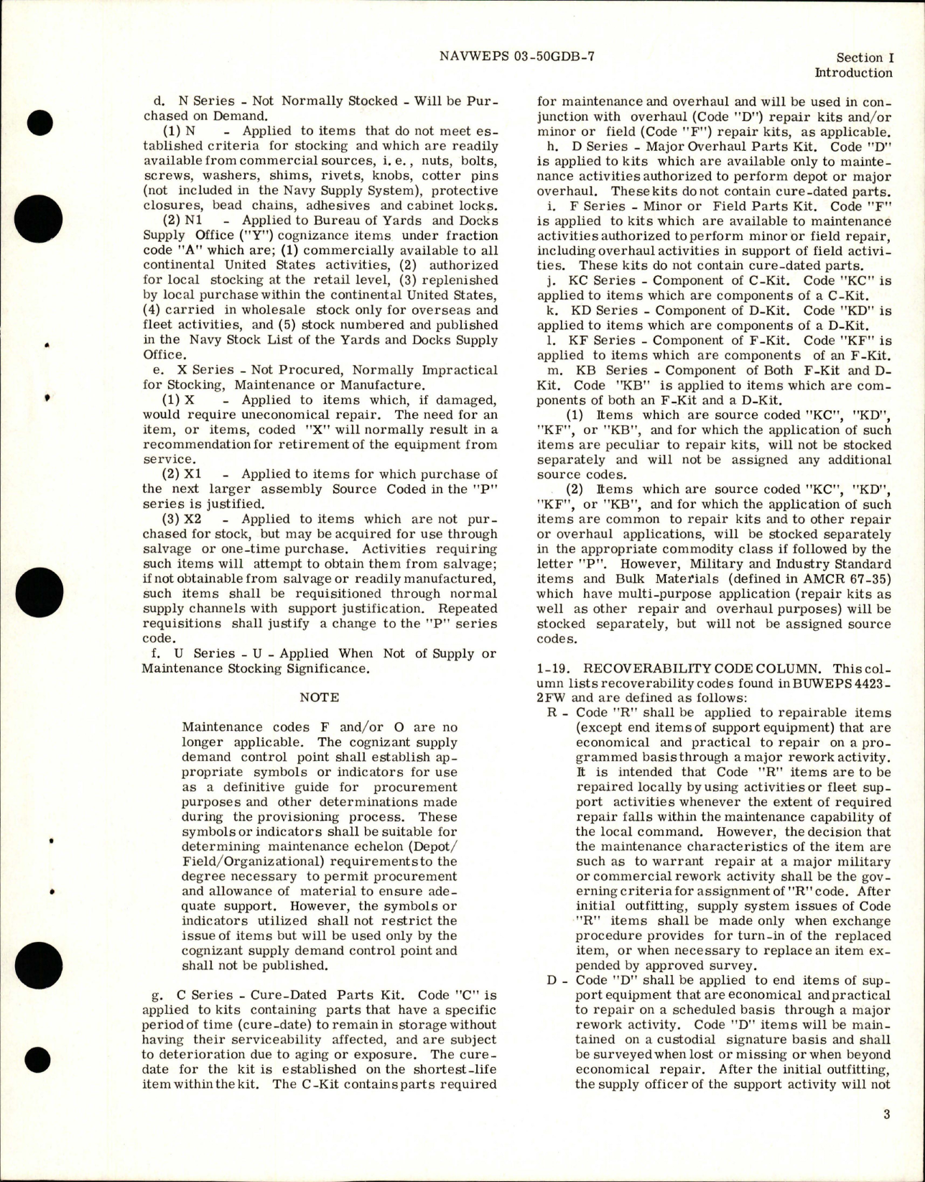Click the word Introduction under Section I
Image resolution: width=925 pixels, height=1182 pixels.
[853, 73]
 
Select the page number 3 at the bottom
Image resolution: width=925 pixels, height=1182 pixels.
[887, 1135]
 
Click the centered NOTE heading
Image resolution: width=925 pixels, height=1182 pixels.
[320, 697]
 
